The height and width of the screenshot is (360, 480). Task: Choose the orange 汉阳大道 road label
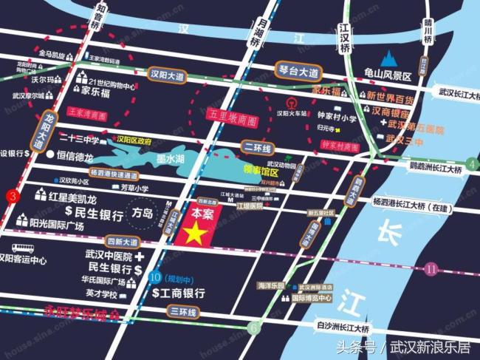165,75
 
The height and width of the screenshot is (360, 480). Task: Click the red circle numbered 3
11,197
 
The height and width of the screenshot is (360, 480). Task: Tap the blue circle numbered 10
154,278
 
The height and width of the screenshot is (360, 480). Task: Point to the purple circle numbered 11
431,271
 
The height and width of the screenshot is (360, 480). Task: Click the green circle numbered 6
254,326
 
